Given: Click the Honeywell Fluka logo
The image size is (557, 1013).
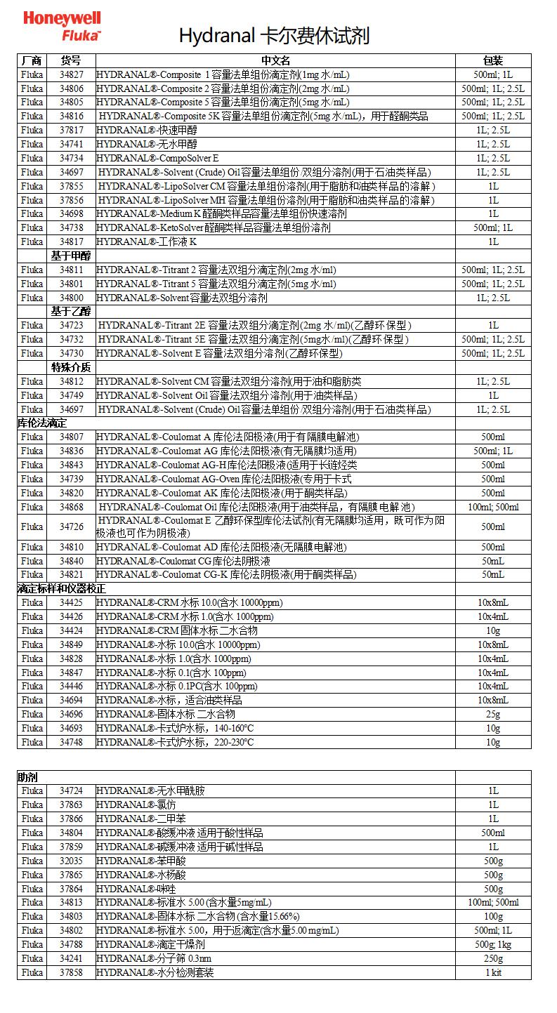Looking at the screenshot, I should click(x=63, y=26).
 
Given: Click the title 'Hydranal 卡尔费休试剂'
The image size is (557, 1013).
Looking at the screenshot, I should click(x=274, y=36).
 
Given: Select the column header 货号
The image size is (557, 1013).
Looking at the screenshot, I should click(x=71, y=61).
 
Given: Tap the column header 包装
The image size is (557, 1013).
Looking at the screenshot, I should click(x=493, y=61).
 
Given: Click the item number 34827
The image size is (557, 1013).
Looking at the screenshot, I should click(x=71, y=75).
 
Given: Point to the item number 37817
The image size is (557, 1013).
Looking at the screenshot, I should click(x=71, y=131).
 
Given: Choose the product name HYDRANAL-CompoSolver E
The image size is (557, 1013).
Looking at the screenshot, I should click(x=158, y=158).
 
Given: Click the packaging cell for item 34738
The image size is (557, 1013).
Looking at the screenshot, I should click(x=493, y=228).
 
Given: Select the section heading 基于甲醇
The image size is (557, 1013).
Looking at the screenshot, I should click(x=70, y=256).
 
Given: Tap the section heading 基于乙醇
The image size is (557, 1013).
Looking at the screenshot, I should click(x=70, y=312).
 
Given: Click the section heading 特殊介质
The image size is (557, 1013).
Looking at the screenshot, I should click(x=70, y=368).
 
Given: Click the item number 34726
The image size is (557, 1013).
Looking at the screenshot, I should click(x=71, y=527).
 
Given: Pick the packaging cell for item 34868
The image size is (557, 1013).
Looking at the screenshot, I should click(x=493, y=508).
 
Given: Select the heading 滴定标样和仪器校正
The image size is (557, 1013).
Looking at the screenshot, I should click(x=62, y=589).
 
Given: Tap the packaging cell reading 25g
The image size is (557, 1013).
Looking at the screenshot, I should click(x=493, y=715).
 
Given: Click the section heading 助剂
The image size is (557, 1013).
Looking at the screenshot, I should click(x=28, y=777).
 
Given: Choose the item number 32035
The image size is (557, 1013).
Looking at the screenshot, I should click(x=71, y=861).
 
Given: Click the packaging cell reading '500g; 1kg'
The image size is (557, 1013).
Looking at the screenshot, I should click(x=493, y=945).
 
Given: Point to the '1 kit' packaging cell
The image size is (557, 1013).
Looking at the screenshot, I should click(x=493, y=973).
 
